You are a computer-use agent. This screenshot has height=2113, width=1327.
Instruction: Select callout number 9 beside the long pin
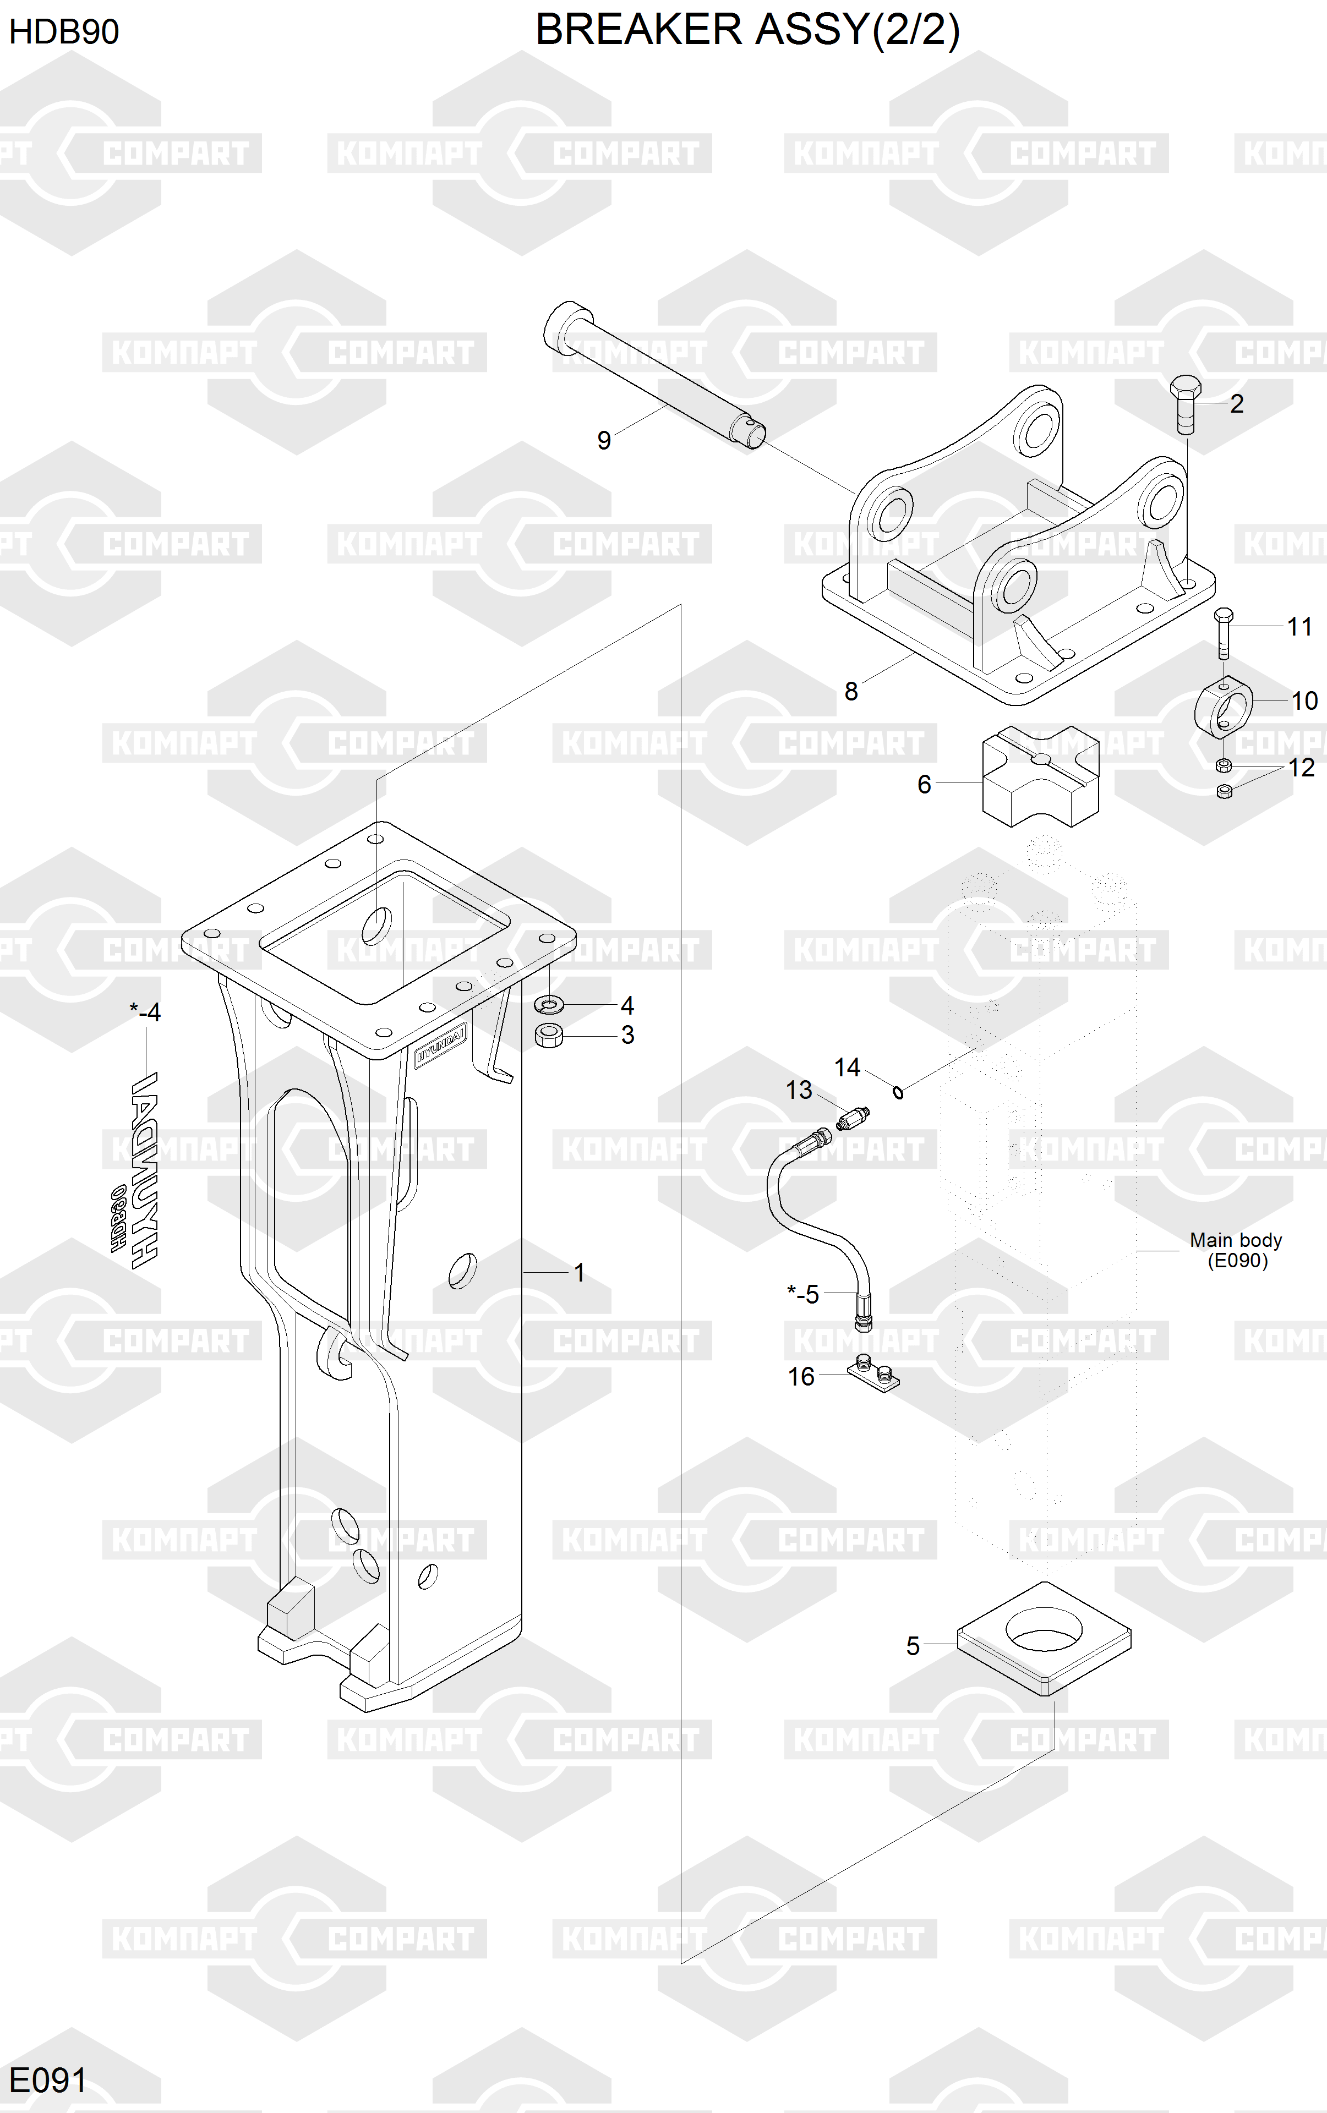click(x=604, y=441)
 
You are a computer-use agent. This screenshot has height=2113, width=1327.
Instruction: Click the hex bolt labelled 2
click(x=1185, y=404)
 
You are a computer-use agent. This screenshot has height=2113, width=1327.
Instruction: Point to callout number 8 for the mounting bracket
click(x=850, y=692)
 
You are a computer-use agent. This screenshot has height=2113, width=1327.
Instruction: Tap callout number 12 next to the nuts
click(x=1301, y=768)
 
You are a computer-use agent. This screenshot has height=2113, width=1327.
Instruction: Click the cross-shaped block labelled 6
click(x=1040, y=776)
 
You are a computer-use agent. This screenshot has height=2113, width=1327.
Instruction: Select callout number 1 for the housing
click(x=579, y=1272)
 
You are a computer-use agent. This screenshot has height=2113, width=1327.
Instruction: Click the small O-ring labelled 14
click(x=898, y=1092)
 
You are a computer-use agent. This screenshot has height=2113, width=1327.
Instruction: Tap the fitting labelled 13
click(x=852, y=1119)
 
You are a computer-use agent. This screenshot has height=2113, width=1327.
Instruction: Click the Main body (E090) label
click(x=1236, y=1250)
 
